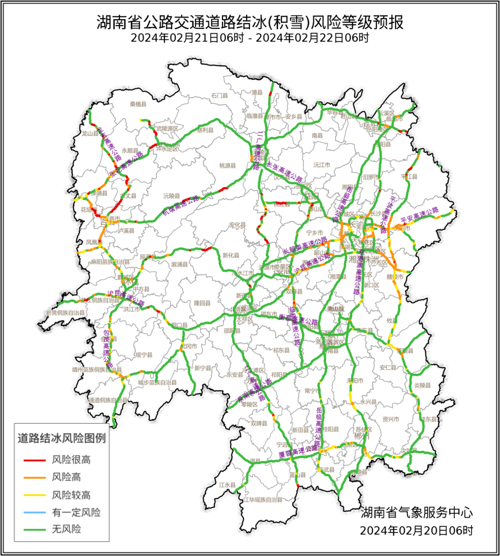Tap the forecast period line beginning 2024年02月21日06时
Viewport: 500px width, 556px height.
point(250,38)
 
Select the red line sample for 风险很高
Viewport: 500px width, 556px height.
point(35,460)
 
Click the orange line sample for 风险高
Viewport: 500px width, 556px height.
point(35,477)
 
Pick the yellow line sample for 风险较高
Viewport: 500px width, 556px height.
point(35,495)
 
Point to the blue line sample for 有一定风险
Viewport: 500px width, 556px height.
point(35,512)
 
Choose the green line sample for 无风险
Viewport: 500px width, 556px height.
point(35,529)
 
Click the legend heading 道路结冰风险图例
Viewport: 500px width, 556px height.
point(62,438)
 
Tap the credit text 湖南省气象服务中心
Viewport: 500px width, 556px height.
point(417,512)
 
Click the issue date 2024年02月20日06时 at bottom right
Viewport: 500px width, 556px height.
point(417,530)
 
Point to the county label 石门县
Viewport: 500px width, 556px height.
point(220,96)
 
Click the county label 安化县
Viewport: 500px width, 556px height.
point(237,225)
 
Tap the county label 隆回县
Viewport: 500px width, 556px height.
point(202,303)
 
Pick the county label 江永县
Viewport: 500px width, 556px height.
point(228,485)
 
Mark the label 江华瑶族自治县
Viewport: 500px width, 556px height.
point(263,500)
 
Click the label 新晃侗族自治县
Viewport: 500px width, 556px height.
point(65,313)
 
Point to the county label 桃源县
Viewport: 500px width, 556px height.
point(228,165)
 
